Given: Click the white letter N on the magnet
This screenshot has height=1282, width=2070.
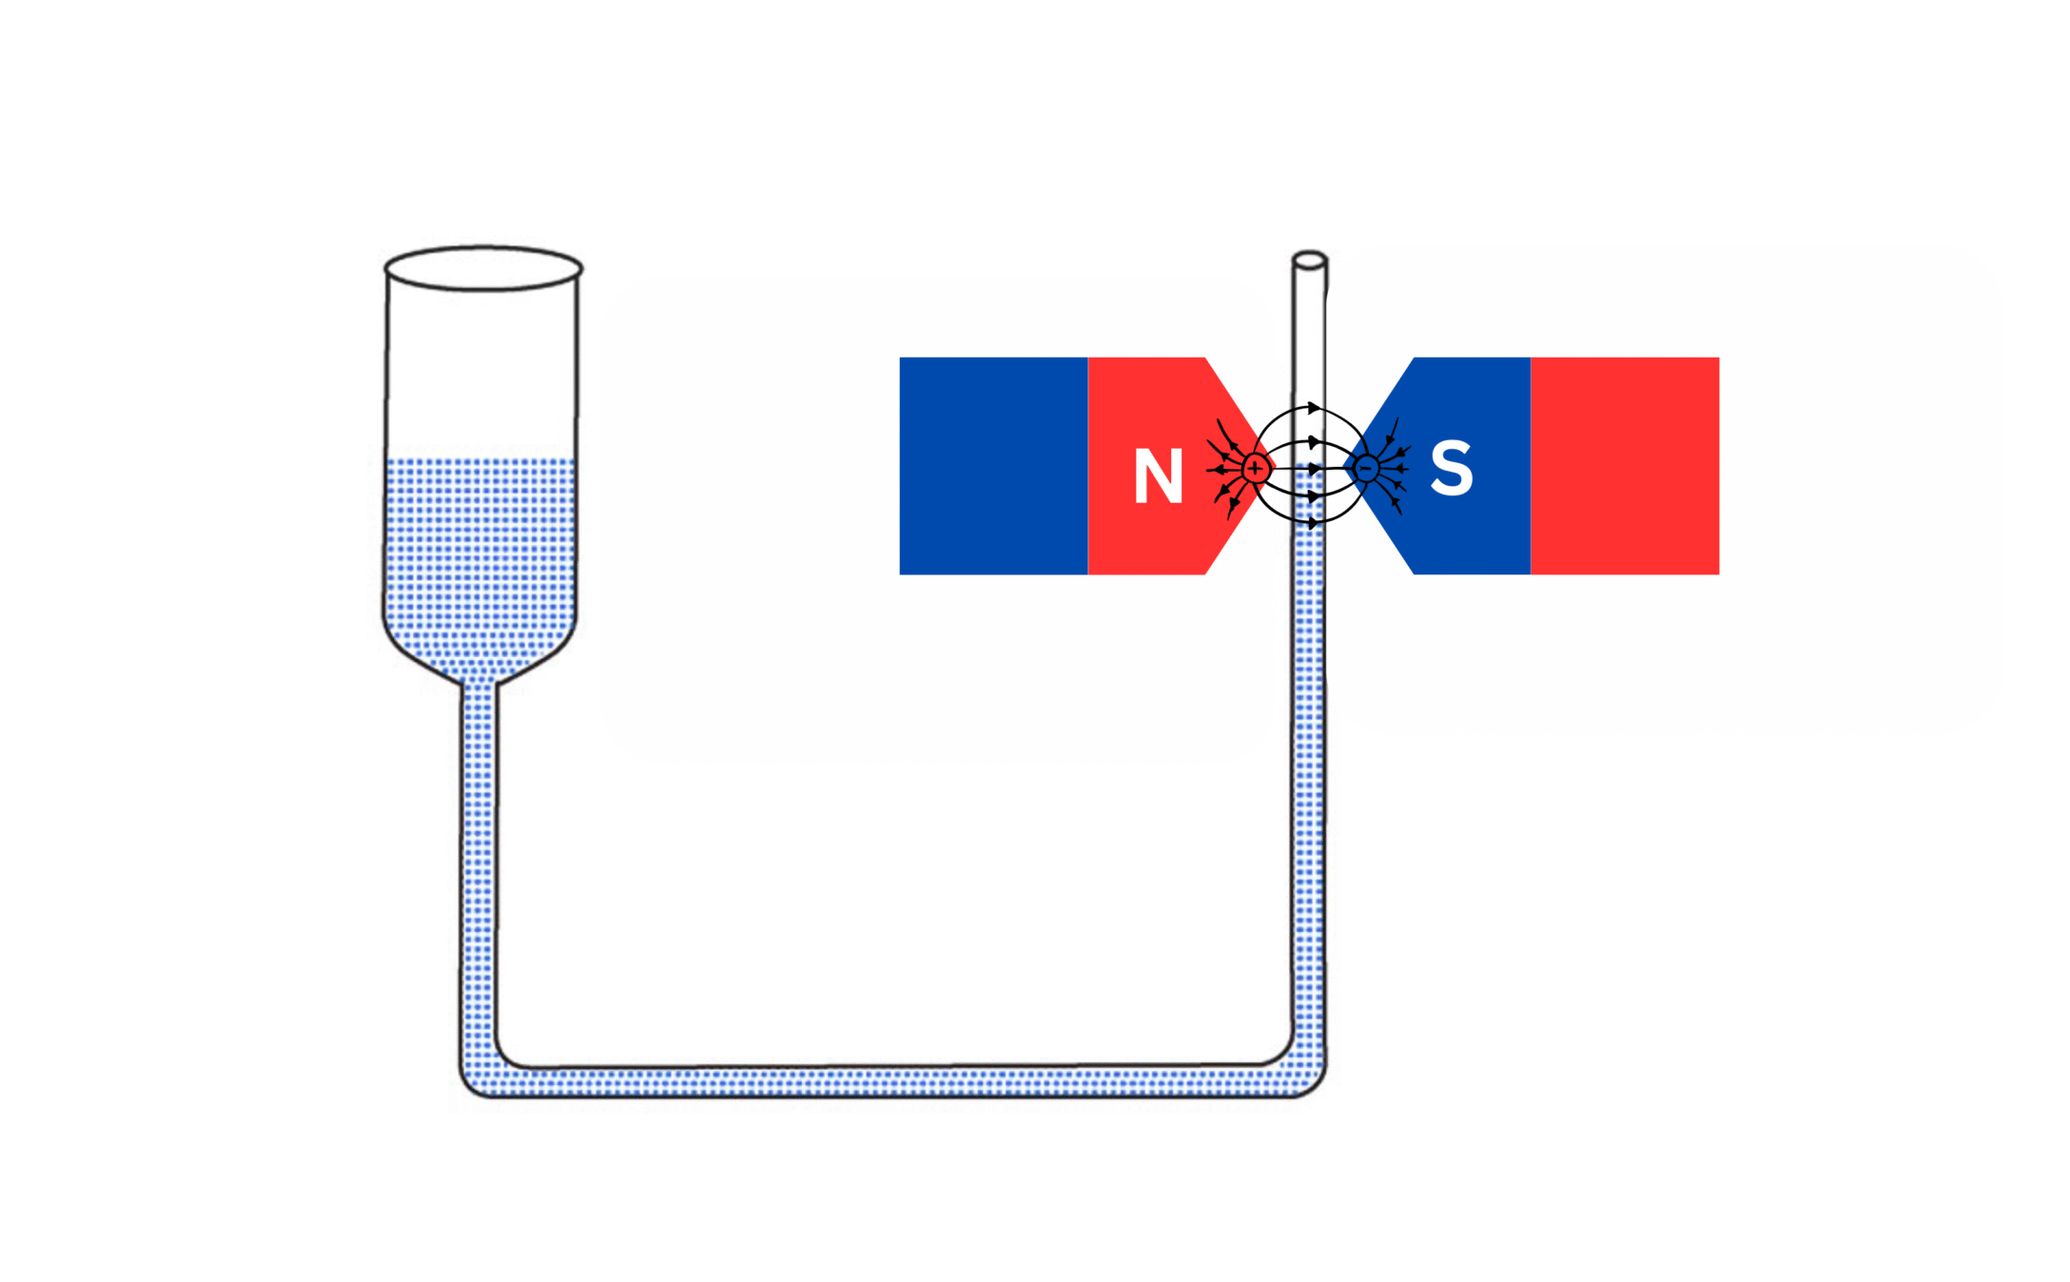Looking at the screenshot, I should coord(1158,476).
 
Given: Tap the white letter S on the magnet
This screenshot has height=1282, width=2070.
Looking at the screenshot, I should coord(1452,468).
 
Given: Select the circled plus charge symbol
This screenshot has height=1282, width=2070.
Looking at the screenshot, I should coord(1256,468).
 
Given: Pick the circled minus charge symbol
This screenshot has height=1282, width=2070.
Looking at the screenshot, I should coord(1366,468).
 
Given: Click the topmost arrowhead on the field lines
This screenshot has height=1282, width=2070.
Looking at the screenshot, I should coord(1314,408).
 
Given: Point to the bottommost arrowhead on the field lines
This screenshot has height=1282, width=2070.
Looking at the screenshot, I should coord(1314,523).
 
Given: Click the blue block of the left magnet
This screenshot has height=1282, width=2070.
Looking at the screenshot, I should coord(993,466).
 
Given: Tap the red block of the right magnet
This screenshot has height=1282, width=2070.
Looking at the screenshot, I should coord(1624,466).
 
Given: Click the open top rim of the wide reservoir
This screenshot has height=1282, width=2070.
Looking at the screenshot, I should coord(483,268).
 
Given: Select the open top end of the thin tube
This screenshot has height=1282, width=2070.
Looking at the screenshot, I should coord(1309,260).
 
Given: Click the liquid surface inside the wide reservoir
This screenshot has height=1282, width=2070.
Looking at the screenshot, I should coord(480,462).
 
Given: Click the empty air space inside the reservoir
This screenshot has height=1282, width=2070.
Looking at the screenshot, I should coord(481,371).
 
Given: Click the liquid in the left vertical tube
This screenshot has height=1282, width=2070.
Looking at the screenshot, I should coord(478,856).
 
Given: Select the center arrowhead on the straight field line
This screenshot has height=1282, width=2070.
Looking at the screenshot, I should coord(1314,469).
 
